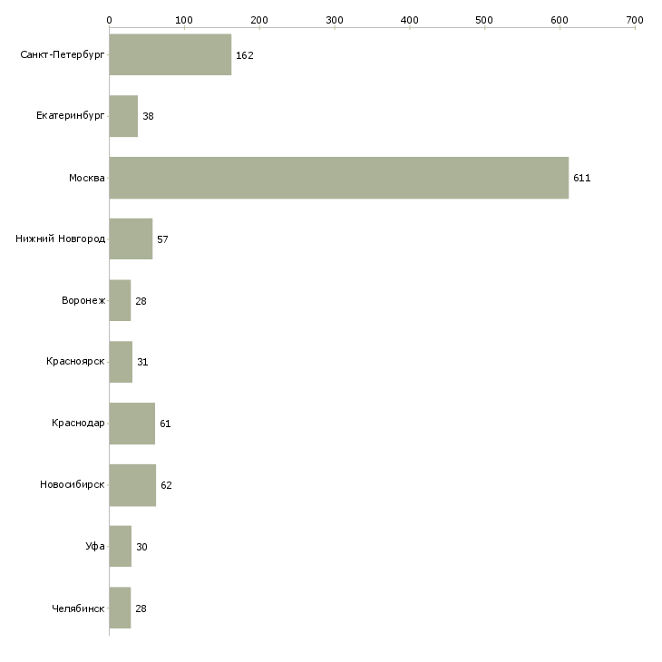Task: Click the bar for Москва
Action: (x=338, y=178)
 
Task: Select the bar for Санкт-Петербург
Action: (x=170, y=54)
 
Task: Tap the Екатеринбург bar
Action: (x=123, y=116)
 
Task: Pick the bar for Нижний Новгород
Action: (x=131, y=239)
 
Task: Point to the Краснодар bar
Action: (x=131, y=423)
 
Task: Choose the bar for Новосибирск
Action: (x=132, y=485)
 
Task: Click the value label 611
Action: (x=581, y=179)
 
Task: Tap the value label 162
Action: (x=244, y=55)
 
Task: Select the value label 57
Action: (x=162, y=239)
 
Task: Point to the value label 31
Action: (x=142, y=362)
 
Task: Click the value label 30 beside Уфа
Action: (x=141, y=547)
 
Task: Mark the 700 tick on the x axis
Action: (x=634, y=19)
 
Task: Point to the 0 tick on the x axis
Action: (x=109, y=19)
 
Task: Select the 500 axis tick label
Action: (x=484, y=19)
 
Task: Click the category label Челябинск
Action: (x=79, y=608)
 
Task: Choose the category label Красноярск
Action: (x=76, y=362)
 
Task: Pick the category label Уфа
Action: (x=95, y=547)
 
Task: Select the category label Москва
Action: (x=87, y=178)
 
